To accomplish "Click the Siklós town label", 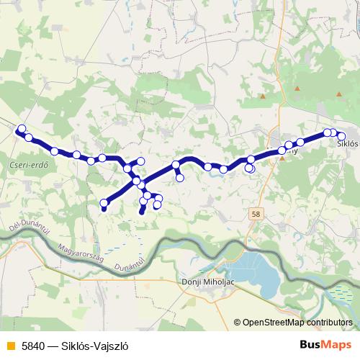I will point(347,143).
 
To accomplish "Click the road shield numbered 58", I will point(258,214).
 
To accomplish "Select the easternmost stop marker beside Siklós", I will point(341,136).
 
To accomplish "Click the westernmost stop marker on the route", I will point(21,129).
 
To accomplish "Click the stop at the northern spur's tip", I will point(141,161).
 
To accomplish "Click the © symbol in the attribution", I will point(237,322).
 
